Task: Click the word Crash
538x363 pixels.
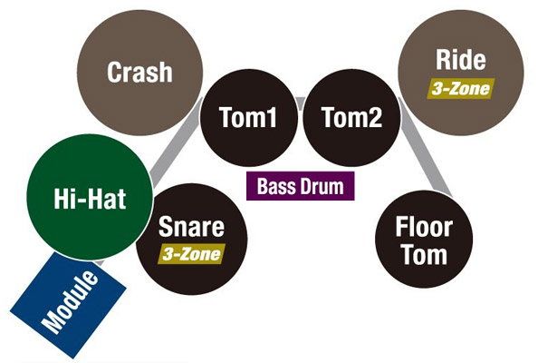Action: click(x=139, y=72)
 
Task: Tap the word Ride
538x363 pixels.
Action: click(x=461, y=60)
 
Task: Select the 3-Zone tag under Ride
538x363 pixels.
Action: click(x=461, y=89)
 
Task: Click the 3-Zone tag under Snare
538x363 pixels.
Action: click(x=191, y=254)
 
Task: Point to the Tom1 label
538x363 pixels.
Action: click(x=248, y=117)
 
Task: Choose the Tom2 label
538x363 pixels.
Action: click(x=352, y=117)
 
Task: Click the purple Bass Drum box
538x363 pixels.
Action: click(x=300, y=186)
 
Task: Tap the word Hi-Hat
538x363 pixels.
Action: click(x=90, y=199)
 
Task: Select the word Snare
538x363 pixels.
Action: click(x=191, y=227)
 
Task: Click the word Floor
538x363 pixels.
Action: click(x=424, y=227)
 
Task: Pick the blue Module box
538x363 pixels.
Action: click(x=69, y=305)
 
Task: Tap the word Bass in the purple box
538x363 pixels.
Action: click(x=276, y=186)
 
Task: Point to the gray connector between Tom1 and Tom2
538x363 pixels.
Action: click(x=300, y=103)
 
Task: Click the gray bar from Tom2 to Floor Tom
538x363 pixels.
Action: click(x=426, y=148)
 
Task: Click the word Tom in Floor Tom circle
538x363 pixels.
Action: click(x=424, y=255)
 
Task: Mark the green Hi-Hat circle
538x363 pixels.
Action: click(x=90, y=197)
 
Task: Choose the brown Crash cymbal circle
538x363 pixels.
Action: click(x=139, y=73)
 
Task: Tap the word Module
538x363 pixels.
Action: click(x=70, y=302)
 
